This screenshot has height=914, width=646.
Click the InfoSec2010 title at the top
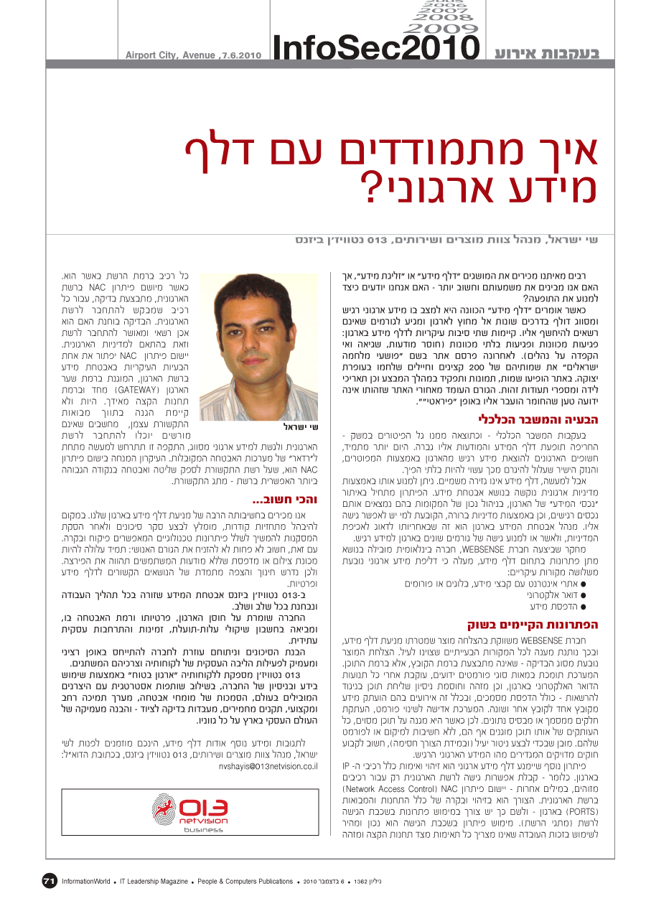point(376,47)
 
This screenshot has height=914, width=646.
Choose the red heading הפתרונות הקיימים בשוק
point(534,624)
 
